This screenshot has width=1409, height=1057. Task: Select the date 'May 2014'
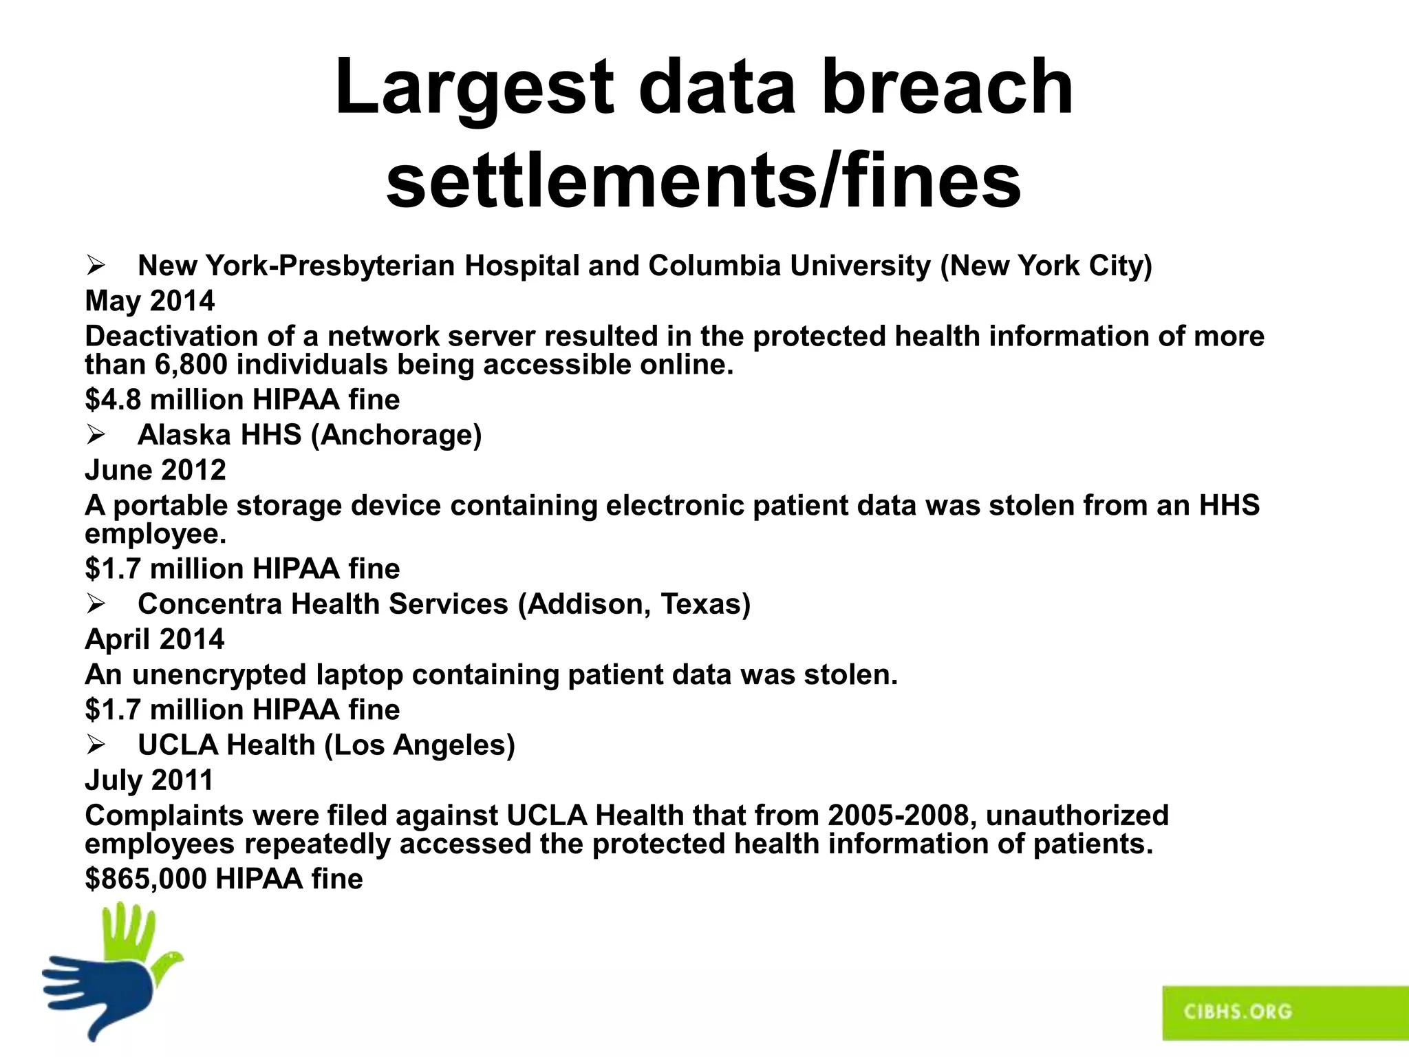(x=149, y=301)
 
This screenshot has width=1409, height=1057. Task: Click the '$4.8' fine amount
(x=113, y=400)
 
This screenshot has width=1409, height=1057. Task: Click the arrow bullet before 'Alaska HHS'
(x=96, y=435)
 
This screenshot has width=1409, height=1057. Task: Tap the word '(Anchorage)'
(x=396, y=435)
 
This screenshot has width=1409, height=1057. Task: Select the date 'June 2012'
(x=155, y=470)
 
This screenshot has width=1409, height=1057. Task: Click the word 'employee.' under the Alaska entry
(x=155, y=534)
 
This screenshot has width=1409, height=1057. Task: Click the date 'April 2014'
(x=154, y=639)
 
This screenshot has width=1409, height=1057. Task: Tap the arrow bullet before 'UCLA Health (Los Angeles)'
(x=96, y=745)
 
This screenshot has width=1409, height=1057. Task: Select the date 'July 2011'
(x=149, y=780)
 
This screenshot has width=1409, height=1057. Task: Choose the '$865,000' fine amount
(x=145, y=879)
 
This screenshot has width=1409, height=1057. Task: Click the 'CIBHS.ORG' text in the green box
(x=1238, y=1012)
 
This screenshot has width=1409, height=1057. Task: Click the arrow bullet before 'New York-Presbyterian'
(x=96, y=266)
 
